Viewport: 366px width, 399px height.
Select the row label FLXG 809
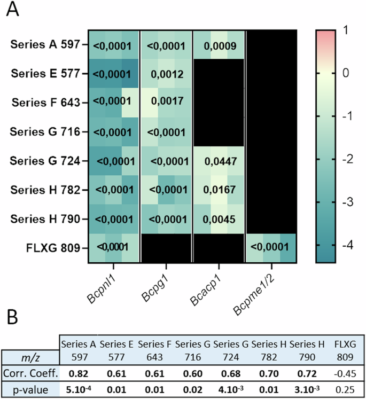(53, 247)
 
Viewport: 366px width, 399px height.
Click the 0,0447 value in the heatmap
(218, 160)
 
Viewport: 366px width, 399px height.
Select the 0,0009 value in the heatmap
(218, 45)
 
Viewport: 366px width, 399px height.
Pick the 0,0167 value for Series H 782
(218, 189)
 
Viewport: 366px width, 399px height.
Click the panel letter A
(12, 11)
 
